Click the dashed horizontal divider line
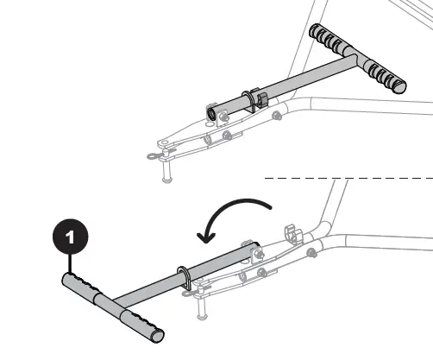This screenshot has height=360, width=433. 345,178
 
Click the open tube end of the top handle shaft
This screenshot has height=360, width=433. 211,112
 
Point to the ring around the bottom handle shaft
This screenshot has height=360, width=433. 185,276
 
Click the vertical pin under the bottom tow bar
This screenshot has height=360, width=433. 202,307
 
